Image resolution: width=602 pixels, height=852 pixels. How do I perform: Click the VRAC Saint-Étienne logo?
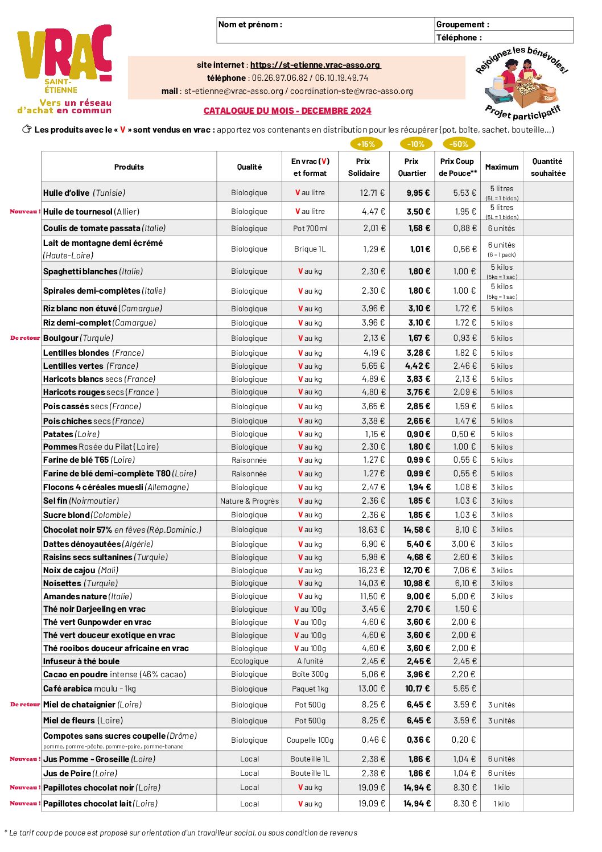coord(64,68)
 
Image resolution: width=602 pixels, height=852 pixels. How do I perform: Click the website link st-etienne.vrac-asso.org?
coord(315,65)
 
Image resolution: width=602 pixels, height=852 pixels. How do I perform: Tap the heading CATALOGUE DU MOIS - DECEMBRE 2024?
coord(287,111)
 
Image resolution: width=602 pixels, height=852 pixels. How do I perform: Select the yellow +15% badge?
coord(366,144)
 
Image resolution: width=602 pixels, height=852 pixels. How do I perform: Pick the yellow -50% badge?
coord(459,144)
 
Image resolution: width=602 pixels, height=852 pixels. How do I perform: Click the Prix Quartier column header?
coord(412,167)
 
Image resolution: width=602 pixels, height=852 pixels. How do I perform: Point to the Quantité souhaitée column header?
coord(548,167)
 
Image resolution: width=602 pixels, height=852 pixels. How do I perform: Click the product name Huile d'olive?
coord(67,193)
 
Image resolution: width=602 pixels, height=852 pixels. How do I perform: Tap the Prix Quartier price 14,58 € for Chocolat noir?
coord(417,530)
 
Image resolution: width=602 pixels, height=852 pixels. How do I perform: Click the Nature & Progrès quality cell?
coord(249,501)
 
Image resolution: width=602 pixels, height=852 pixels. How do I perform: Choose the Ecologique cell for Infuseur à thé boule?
coord(249,661)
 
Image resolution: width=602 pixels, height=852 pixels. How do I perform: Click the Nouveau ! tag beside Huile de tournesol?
coord(25,212)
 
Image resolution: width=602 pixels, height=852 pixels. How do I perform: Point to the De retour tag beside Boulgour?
coord(25,338)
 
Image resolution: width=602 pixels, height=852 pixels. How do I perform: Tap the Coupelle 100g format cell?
coord(310,740)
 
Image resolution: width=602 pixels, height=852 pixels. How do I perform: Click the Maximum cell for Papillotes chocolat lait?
coord(501,804)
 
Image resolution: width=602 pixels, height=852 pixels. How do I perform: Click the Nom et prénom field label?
coord(250,24)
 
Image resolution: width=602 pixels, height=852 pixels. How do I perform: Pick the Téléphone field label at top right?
coord(459,38)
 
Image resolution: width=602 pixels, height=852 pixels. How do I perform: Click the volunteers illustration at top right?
coord(521,84)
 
